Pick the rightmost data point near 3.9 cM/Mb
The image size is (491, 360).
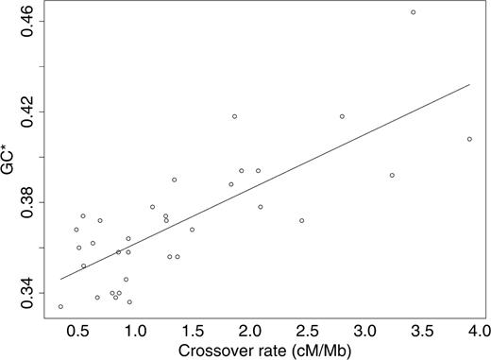pyautogui.click(x=469, y=139)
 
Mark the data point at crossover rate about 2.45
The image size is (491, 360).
pyautogui.click(x=302, y=220)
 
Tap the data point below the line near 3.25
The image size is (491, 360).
pyautogui.click(x=392, y=175)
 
